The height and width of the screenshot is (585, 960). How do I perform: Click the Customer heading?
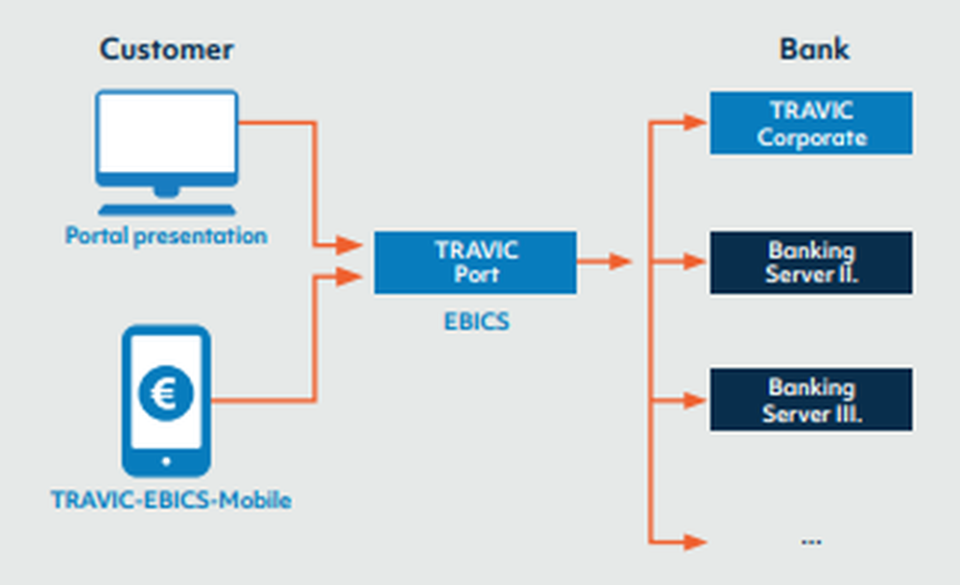(x=166, y=49)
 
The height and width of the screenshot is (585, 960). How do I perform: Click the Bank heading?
(x=814, y=49)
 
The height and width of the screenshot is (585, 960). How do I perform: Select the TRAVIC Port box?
(x=475, y=262)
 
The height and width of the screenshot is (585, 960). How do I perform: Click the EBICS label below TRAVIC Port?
(x=476, y=322)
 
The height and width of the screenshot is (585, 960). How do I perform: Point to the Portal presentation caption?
(x=166, y=235)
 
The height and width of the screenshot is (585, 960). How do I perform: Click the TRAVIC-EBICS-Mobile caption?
(x=171, y=500)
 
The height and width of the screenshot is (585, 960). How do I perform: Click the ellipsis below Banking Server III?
(x=811, y=541)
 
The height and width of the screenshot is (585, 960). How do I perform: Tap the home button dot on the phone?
(x=165, y=461)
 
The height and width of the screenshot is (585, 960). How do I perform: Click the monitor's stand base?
(x=166, y=208)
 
